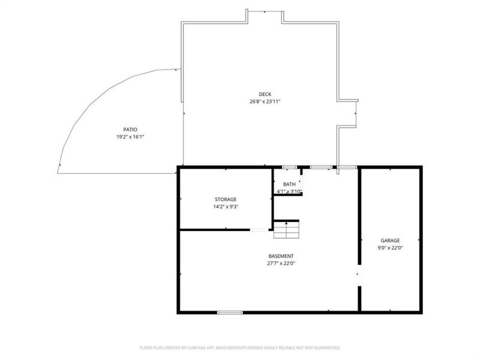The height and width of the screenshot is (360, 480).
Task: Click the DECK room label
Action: point(265,94)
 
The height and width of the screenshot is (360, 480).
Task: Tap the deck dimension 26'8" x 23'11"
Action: point(265,101)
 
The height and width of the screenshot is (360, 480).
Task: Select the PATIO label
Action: point(130,130)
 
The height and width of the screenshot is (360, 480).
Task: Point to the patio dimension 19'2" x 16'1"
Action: point(130,137)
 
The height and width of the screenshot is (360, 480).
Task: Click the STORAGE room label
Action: point(226,199)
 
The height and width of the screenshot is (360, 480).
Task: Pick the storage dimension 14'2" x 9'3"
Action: point(226,206)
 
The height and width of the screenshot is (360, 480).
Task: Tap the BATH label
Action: point(289,184)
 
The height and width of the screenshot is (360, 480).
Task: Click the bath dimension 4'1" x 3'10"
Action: point(289,191)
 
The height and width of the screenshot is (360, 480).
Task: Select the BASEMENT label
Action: point(281,256)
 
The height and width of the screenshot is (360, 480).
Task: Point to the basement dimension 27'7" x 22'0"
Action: point(281,263)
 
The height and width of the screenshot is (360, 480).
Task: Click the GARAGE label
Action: point(390,241)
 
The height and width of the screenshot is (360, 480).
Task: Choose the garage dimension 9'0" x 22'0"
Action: point(390,248)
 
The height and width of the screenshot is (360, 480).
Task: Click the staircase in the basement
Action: point(286,230)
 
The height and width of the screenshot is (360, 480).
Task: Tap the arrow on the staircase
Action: point(286,226)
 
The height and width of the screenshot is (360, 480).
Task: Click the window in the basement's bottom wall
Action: point(230,313)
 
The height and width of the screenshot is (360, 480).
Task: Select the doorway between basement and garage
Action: point(359,275)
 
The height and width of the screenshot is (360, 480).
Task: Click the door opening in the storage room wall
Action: point(259,230)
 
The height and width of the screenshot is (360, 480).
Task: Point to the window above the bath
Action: point(289,167)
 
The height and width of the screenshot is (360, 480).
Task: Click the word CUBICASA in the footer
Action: point(199,348)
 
